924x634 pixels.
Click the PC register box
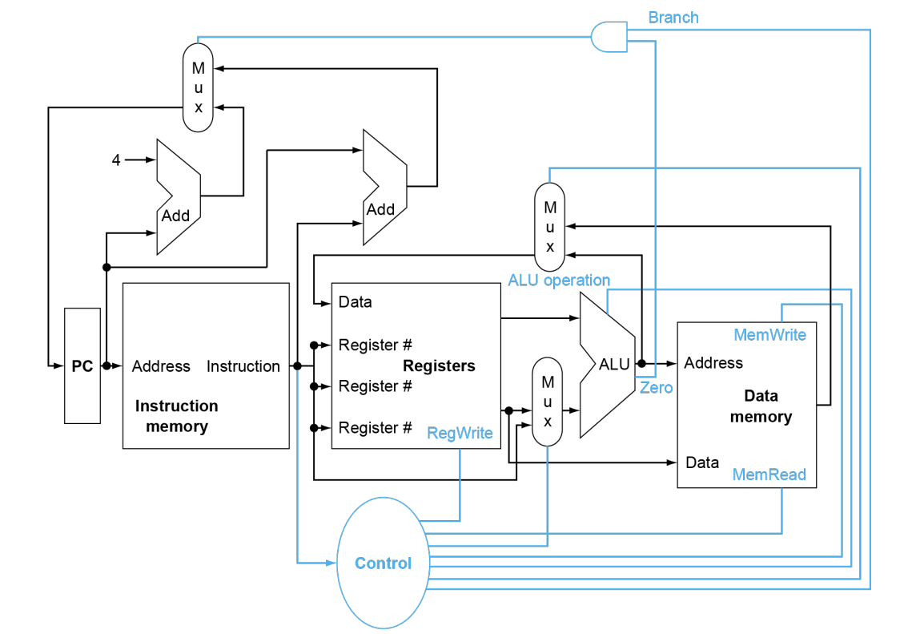[82, 365]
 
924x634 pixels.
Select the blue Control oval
[383, 563]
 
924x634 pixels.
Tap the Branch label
[673, 17]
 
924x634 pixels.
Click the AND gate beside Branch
[609, 36]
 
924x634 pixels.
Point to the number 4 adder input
[116, 160]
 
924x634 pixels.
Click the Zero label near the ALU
[656, 388]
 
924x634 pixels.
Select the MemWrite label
[769, 334]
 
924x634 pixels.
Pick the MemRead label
[769, 474]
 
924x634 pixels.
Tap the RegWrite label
[460, 433]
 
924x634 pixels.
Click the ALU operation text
[559, 281]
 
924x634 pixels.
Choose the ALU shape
[610, 365]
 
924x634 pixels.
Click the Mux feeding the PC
[198, 87]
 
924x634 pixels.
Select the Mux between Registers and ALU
[548, 401]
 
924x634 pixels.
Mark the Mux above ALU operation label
[549, 227]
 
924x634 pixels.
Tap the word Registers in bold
[439, 365]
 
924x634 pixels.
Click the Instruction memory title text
[177, 416]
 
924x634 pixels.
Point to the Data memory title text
[761, 406]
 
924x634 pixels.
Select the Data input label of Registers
[355, 302]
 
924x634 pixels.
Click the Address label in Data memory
[713, 363]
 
